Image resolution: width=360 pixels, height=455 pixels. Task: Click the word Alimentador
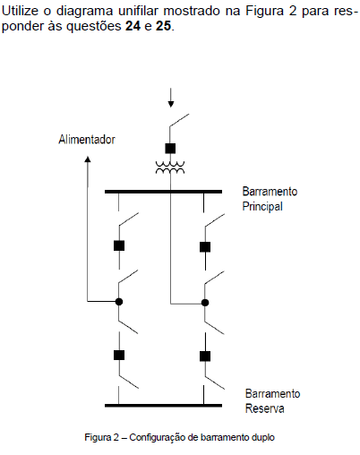(87, 140)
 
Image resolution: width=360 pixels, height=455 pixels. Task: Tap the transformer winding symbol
(170, 167)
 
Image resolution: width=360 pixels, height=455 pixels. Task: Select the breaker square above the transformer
(170, 149)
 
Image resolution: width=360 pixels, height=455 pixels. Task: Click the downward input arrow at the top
(171, 98)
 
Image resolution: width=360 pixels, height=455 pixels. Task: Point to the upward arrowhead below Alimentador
(88, 159)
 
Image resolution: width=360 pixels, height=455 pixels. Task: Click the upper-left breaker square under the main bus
(119, 245)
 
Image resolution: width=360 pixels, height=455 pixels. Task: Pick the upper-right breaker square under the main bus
(205, 247)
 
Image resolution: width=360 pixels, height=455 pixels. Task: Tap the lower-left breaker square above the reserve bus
(119, 356)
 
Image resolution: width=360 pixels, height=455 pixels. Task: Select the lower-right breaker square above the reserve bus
(205, 356)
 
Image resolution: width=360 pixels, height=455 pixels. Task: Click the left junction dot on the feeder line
(119, 302)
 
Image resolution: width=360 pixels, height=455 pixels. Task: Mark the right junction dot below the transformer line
(205, 303)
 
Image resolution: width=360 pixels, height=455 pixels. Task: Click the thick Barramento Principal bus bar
(163, 192)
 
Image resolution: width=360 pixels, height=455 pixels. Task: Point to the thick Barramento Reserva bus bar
(163, 406)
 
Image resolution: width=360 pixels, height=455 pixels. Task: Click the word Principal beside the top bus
(262, 207)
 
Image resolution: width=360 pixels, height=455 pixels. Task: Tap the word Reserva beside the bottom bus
(264, 408)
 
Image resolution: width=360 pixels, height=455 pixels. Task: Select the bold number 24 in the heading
(133, 26)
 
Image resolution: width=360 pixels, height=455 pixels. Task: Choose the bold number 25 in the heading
(164, 26)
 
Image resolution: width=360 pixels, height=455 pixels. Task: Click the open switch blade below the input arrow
(179, 121)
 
